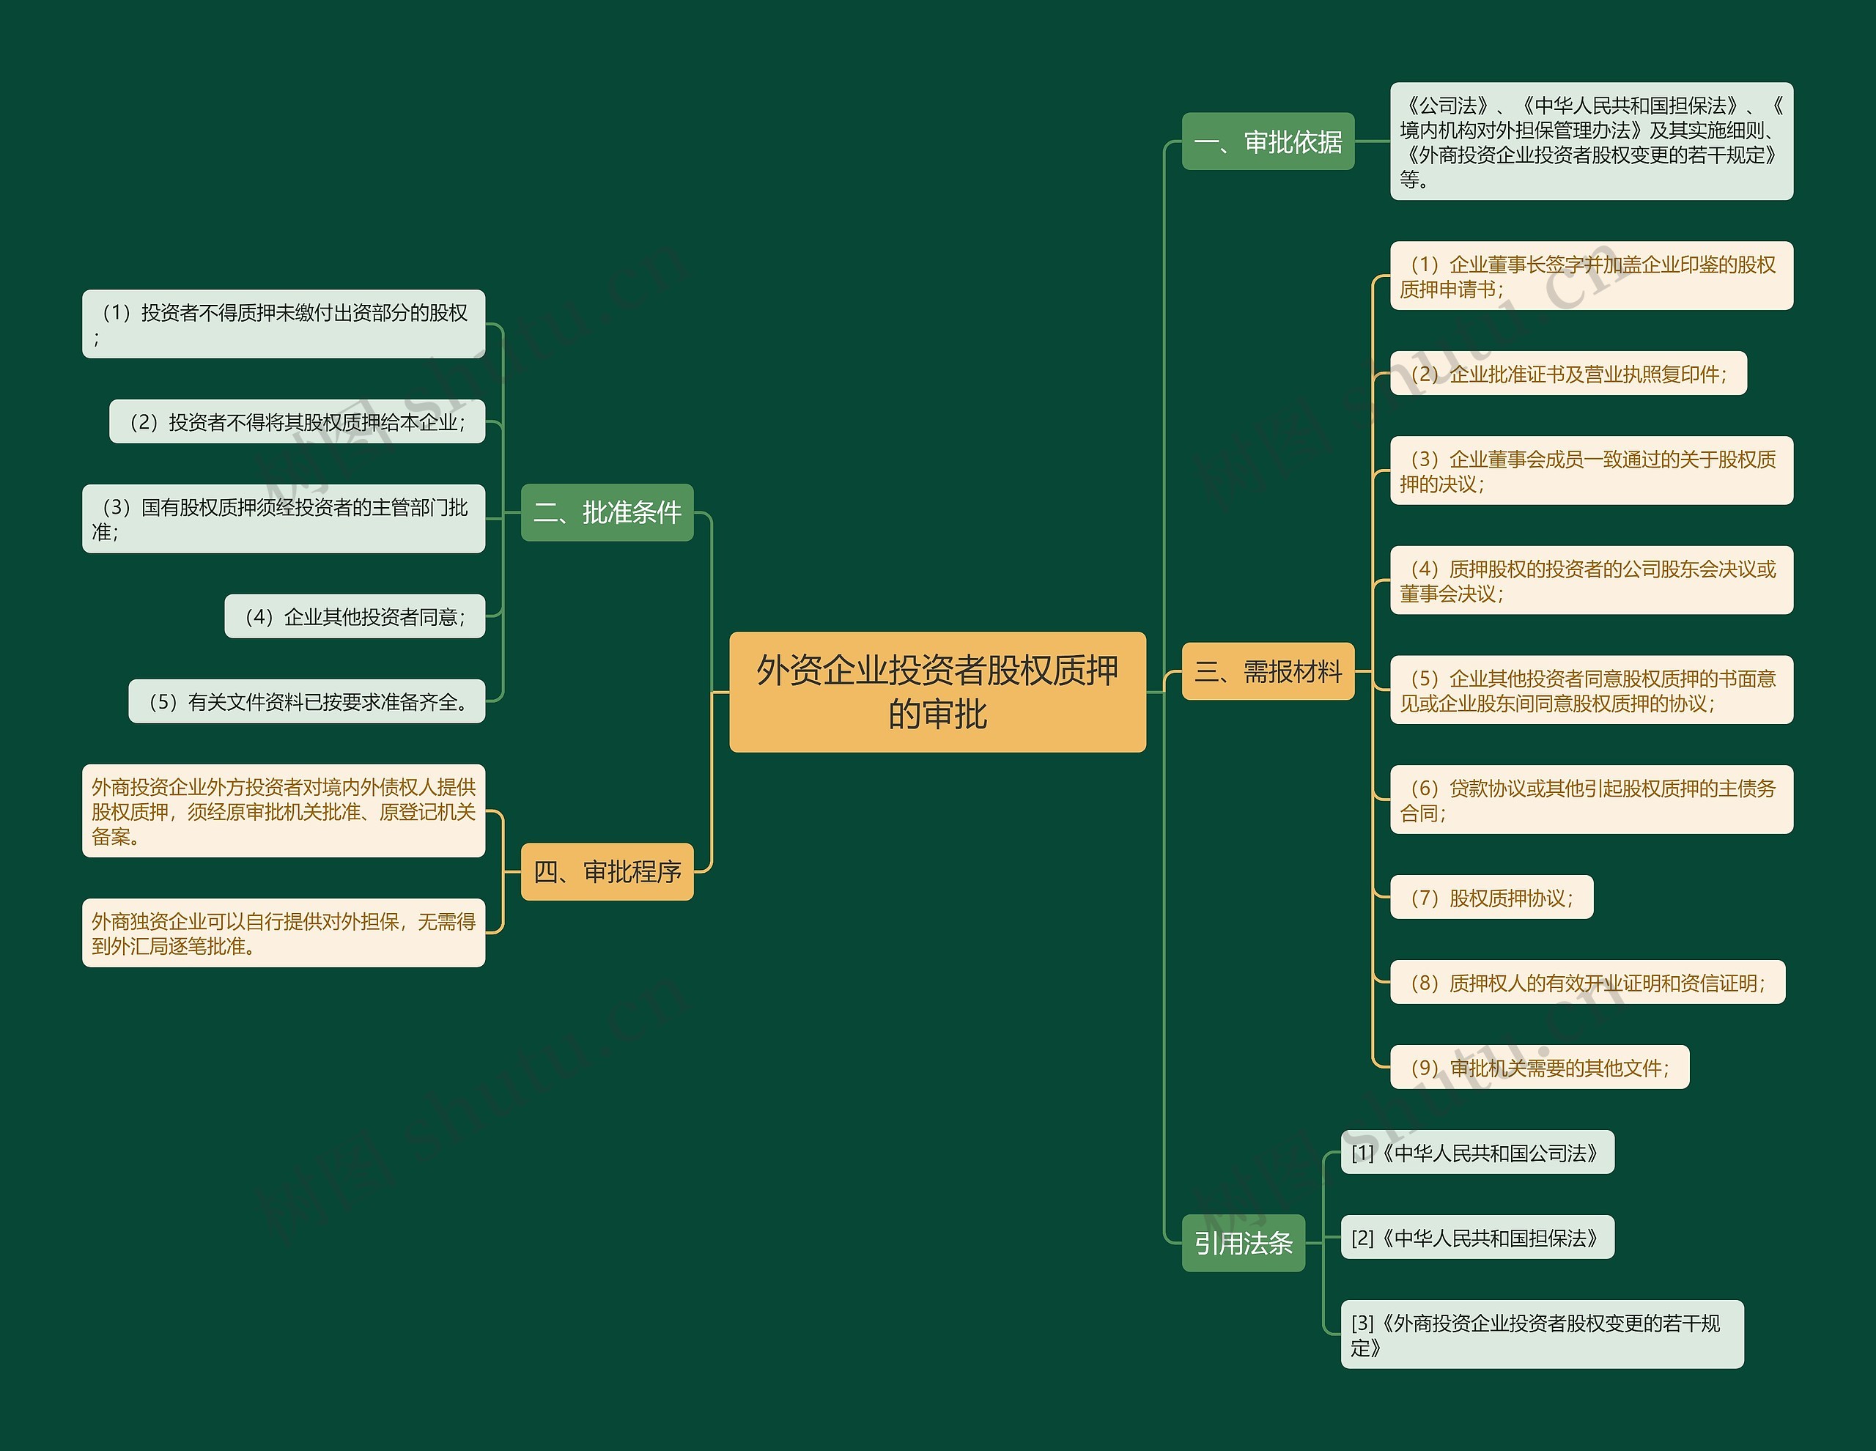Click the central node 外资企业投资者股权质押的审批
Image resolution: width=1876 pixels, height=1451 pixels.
tap(937, 692)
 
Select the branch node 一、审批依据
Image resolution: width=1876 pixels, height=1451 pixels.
tap(1268, 141)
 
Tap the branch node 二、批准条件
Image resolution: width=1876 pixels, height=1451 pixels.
tap(607, 512)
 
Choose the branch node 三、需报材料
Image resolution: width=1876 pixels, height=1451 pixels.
tap(1268, 671)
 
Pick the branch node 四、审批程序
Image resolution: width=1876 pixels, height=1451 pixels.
tap(607, 872)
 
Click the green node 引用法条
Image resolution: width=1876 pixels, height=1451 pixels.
tap(1243, 1242)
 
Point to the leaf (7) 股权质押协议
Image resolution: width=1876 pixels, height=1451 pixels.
tap(1491, 898)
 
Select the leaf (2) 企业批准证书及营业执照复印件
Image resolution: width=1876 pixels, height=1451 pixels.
tap(1567, 374)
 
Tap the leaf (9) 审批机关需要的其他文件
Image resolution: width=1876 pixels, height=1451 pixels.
tap(1540, 1068)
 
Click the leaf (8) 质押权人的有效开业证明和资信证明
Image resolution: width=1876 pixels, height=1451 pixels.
tap(1587, 983)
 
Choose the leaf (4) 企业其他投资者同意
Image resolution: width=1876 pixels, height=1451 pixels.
tap(355, 616)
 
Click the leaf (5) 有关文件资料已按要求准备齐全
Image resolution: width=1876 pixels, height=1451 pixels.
tap(306, 702)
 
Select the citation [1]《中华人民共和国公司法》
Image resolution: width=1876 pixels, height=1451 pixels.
tap(1477, 1153)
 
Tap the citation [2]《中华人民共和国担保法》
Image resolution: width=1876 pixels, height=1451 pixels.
tap(1477, 1238)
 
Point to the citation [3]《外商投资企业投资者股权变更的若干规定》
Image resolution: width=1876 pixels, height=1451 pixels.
tap(1542, 1334)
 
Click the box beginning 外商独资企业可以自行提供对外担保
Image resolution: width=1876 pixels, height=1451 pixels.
tap(284, 933)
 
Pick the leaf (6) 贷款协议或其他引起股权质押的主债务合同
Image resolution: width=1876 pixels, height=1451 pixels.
tap(1591, 800)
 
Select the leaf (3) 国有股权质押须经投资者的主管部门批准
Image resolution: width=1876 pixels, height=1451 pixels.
tap(284, 519)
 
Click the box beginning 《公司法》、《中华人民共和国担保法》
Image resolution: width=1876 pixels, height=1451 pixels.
tap(1591, 141)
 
